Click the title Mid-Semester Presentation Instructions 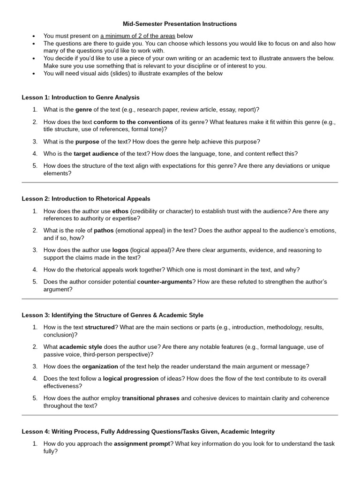pos(180,23)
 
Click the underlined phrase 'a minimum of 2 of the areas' pos(138,36)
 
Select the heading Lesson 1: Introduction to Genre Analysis pos(81,97)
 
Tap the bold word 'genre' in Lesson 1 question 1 pos(83,110)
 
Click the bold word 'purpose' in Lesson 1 pos(87,142)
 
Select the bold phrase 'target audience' pos(96,154)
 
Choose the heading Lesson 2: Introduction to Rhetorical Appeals pos(86,199)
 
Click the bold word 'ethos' pos(120,211)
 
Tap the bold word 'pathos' pos(104,231)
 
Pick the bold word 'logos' pos(120,250)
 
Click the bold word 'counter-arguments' pos(165,282)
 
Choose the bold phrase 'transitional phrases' pos(150,398)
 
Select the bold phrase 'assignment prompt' pos(142,443)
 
